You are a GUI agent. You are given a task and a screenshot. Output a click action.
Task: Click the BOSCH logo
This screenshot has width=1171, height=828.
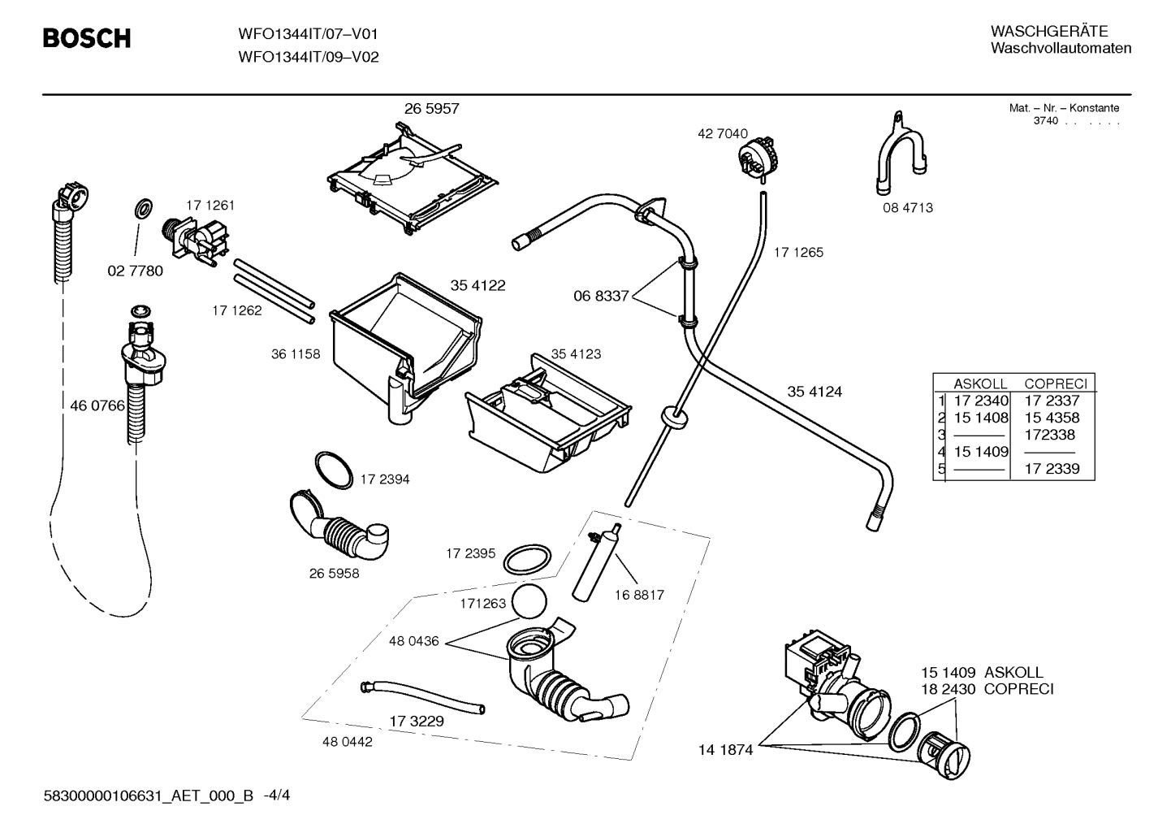point(87,38)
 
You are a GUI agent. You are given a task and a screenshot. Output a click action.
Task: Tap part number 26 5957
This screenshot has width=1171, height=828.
point(431,108)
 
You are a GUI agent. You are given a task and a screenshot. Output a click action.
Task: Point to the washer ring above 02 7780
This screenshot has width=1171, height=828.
point(144,208)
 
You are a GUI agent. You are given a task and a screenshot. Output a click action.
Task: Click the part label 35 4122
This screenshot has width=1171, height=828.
point(477,285)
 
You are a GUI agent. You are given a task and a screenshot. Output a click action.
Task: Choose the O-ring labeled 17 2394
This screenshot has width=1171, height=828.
point(334,469)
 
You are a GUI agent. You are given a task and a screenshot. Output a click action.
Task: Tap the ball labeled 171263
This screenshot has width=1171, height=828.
point(529,601)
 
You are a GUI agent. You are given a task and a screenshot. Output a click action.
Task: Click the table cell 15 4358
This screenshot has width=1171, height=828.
point(1052,418)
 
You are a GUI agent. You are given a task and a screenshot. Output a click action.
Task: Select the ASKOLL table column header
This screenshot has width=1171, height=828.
point(980,384)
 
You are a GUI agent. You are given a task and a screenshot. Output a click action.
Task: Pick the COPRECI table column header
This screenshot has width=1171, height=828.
point(1056,384)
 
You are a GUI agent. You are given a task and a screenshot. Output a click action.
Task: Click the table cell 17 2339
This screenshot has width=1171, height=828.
point(1052,468)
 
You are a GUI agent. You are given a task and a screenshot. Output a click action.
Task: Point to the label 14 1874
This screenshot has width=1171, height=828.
point(726,750)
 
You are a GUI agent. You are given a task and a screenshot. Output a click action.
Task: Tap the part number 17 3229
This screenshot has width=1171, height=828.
point(416,722)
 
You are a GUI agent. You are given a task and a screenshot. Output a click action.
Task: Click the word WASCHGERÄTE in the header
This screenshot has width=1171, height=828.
point(1049,32)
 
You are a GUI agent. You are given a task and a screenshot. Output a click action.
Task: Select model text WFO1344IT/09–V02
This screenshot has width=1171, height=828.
point(309,57)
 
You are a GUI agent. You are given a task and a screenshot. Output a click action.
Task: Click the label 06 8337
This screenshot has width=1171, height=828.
point(601,296)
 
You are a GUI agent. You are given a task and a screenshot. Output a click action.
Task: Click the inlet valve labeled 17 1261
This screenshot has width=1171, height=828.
point(196,243)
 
